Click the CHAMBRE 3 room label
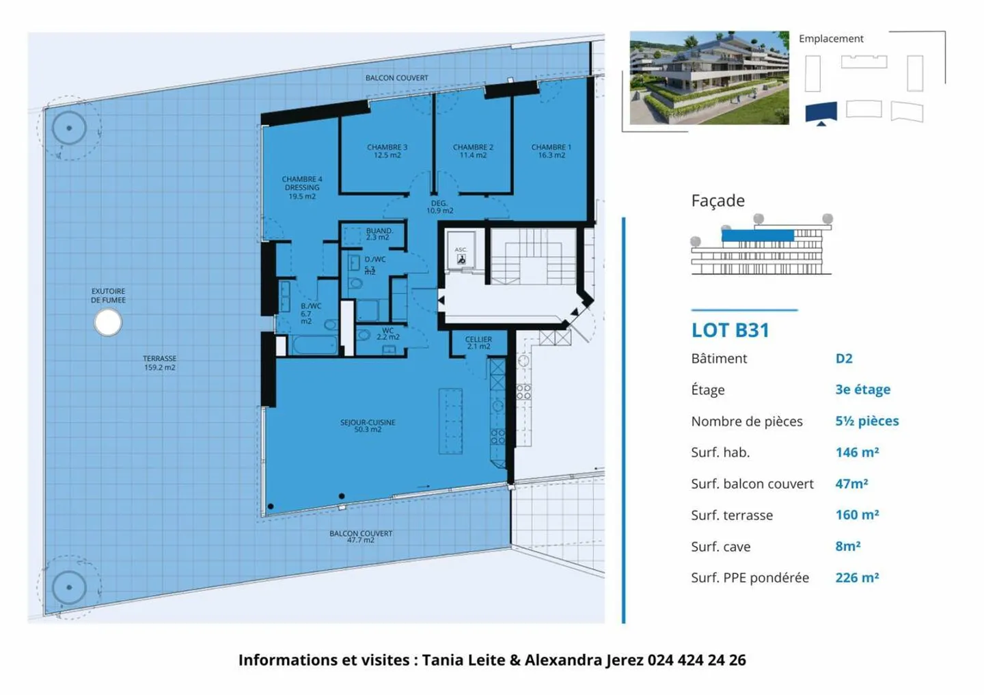point(387,151)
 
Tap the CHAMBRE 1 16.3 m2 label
point(551,151)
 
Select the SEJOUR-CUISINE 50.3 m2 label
point(368,426)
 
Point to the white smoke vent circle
point(108,323)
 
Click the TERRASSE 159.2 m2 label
point(159,363)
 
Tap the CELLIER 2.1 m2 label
point(478,342)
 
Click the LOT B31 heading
point(730,330)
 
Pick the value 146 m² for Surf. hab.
point(857,452)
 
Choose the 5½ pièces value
point(866,421)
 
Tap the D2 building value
point(844,359)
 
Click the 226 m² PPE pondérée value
point(857,577)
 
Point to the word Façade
point(717,201)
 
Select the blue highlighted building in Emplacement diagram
point(821,111)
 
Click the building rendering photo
point(709,77)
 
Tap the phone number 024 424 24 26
point(696,660)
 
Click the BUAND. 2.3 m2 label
point(379,234)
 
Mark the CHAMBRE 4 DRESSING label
point(301,187)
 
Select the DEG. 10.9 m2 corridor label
point(439,206)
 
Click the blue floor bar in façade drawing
point(757,236)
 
